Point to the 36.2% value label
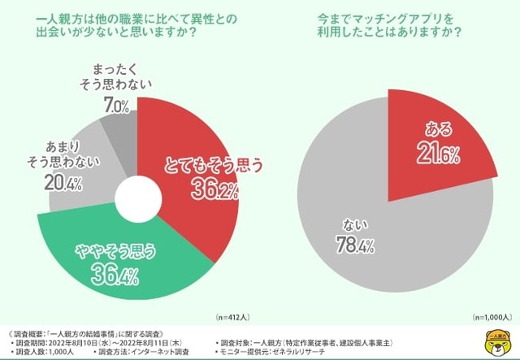tap(215, 190)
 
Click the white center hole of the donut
tap(136, 197)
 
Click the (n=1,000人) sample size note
tap(491, 315)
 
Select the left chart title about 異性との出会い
tap(134, 26)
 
